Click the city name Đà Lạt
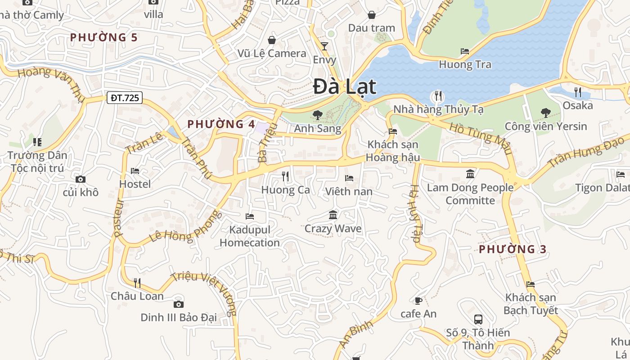[345, 87]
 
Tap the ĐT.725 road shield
[125, 98]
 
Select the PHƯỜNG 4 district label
[221, 124]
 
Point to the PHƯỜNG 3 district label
[513, 249]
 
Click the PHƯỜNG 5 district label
[103, 37]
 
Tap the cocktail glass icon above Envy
[324, 46]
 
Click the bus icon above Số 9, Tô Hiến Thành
[478, 319]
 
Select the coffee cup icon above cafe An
[418, 301]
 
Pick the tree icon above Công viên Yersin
[545, 112]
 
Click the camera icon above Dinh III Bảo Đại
[179, 304]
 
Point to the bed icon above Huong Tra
[465, 51]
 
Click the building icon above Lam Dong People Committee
[470, 174]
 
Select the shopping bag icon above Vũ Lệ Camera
[272, 40]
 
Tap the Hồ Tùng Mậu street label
[481, 138]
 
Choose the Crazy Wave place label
[333, 229]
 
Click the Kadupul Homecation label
[250, 236]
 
